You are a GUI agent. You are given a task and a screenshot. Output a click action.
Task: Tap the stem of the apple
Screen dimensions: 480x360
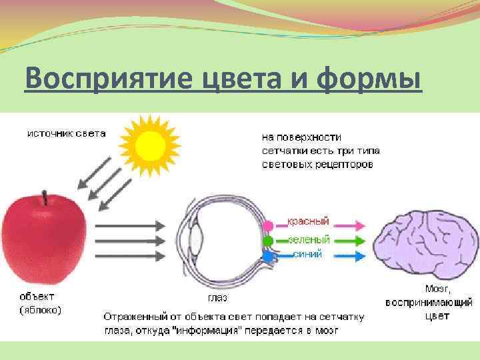(x=45, y=197)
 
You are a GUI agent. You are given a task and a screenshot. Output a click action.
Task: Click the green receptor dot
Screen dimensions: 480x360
(x=268, y=241)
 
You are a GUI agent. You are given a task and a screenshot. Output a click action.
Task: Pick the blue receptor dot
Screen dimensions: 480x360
(x=268, y=255)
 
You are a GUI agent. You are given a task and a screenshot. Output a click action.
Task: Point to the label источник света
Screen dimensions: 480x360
(x=66, y=133)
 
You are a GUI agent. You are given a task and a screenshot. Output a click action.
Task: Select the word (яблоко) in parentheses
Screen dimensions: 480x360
(x=40, y=309)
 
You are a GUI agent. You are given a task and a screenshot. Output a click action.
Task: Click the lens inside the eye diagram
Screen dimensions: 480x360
(x=198, y=237)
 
